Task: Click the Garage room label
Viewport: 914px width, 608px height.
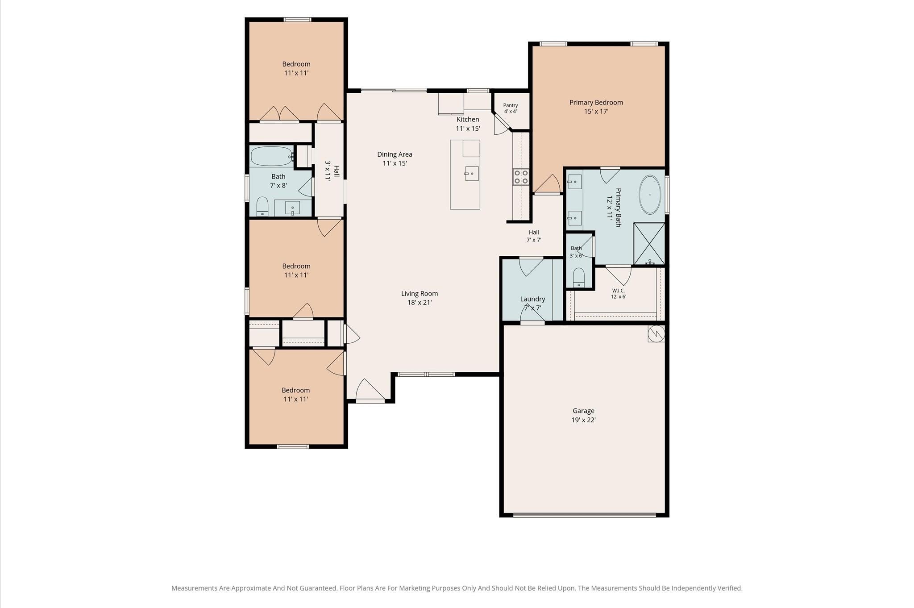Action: pyautogui.click(x=583, y=411)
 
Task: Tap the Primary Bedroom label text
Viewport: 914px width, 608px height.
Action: pyautogui.click(x=596, y=102)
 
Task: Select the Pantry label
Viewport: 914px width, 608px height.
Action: pyautogui.click(x=511, y=105)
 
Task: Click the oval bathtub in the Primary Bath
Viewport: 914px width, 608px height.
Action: pyautogui.click(x=650, y=195)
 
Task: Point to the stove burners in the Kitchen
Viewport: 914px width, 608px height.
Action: pyautogui.click(x=521, y=176)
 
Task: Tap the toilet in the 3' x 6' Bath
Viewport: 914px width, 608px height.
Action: pyautogui.click(x=578, y=278)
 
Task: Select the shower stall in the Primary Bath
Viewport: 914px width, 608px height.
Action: pyautogui.click(x=649, y=243)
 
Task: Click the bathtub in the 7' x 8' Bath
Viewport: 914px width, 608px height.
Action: pyautogui.click(x=272, y=156)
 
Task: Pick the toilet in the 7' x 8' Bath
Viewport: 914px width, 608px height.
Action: pyautogui.click(x=262, y=206)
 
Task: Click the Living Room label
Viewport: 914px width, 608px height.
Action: pyautogui.click(x=420, y=293)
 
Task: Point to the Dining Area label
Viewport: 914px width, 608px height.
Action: pyautogui.click(x=395, y=154)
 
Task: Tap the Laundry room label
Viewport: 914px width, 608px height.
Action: pyautogui.click(x=532, y=299)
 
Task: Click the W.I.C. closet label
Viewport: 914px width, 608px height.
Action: pyautogui.click(x=619, y=291)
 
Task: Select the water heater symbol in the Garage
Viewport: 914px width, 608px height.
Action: pyautogui.click(x=656, y=333)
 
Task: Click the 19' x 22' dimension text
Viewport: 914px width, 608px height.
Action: pyautogui.click(x=583, y=420)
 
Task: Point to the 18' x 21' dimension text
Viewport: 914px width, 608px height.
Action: pyautogui.click(x=420, y=303)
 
